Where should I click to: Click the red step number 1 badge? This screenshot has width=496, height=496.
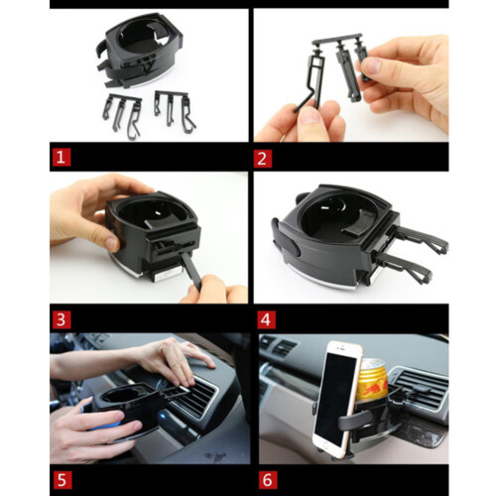coord(62,158)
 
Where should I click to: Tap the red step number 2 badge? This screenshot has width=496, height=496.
coord(263,159)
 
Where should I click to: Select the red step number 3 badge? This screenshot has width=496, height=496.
coord(62,319)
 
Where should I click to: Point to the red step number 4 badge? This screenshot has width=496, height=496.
coord(266,319)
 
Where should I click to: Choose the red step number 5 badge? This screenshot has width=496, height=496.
coord(62,480)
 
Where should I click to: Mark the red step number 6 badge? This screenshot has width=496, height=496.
coord(268,480)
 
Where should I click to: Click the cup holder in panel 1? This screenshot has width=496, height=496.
coord(141,50)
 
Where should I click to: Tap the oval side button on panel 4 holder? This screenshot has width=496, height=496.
coord(293,245)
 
